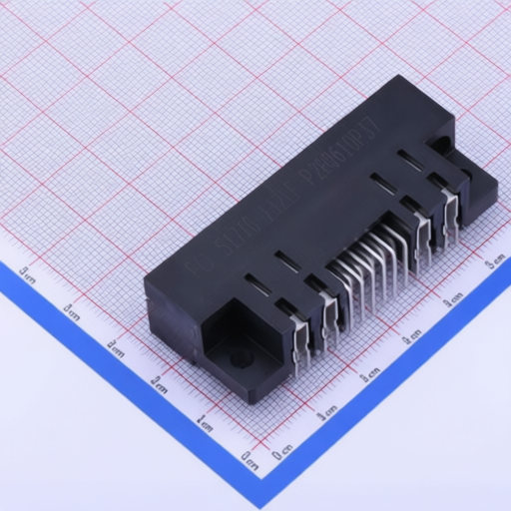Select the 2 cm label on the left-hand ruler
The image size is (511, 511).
pos(159,383)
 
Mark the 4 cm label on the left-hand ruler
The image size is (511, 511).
pos(71,310)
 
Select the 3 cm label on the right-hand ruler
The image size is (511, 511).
pos(411,336)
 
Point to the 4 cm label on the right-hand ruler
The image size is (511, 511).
pos(453,298)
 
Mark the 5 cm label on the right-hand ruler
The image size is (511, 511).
pos(495,261)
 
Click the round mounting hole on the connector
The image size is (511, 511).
pos(239,360)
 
